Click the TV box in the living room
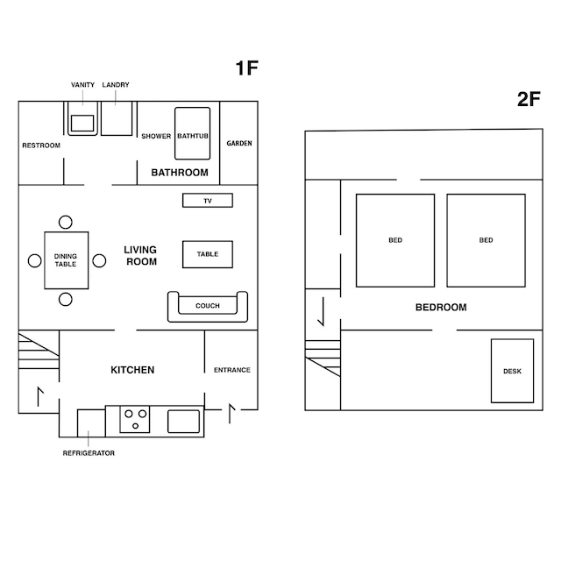pyautogui.click(x=208, y=201)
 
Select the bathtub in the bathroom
pyautogui.click(x=193, y=133)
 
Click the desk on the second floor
pyautogui.click(x=512, y=371)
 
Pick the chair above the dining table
pyautogui.click(x=66, y=222)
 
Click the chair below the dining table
pyautogui.click(x=66, y=300)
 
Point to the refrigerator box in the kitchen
pyautogui.click(x=91, y=423)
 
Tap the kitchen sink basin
pyautogui.click(x=183, y=422)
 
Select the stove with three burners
pyautogui.click(x=134, y=419)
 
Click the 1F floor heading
pyautogui.click(x=246, y=68)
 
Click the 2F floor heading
pyautogui.click(x=529, y=99)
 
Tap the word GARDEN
pyautogui.click(x=239, y=143)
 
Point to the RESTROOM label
pyautogui.click(x=41, y=146)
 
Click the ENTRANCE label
pyautogui.click(x=231, y=370)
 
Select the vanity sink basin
pyautogui.click(x=82, y=124)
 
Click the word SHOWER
pyautogui.click(x=156, y=136)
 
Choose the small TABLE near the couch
pyautogui.click(x=208, y=254)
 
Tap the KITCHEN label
pyautogui.click(x=132, y=370)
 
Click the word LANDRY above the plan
pyautogui.click(x=116, y=85)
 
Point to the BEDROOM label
pyautogui.click(x=441, y=308)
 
